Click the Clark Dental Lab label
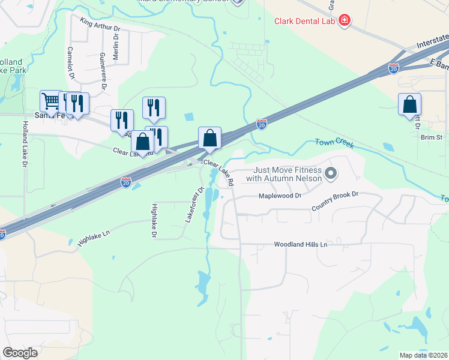304,22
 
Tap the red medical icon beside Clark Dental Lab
345,22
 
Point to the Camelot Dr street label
71,64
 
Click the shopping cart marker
51,101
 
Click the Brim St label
431,137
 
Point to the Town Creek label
334,145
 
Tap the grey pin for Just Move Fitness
330,174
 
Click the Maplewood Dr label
279,196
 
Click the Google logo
20,353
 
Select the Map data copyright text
423,355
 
